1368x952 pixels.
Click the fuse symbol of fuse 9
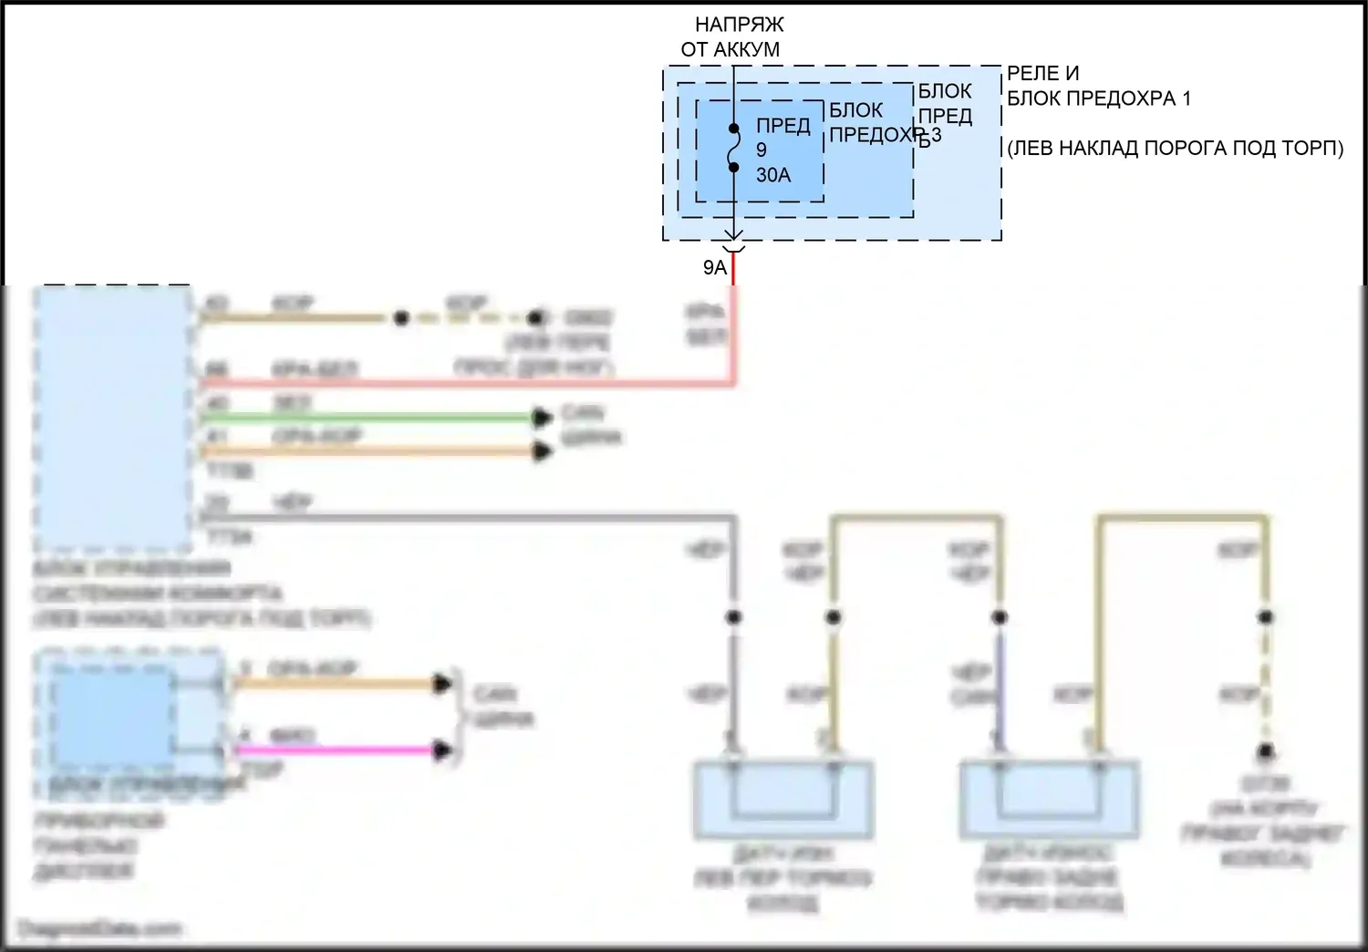[733, 148]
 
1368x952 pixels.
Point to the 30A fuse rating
[773, 175]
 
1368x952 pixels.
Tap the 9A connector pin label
[715, 267]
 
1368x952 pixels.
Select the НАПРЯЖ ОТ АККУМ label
[731, 37]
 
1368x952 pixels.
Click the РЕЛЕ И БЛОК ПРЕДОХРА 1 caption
[1098, 86]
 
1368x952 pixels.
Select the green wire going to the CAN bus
[365, 419]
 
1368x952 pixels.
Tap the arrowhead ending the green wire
[543, 419]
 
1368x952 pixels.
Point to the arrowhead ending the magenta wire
[443, 750]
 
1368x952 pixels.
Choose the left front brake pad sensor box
[782, 800]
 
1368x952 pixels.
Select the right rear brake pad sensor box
[1049, 800]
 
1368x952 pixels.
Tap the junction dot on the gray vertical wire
[733, 617]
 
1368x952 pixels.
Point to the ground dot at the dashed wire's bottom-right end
[1266, 753]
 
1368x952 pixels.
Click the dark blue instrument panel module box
[111, 717]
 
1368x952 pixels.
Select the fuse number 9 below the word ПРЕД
[762, 150]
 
